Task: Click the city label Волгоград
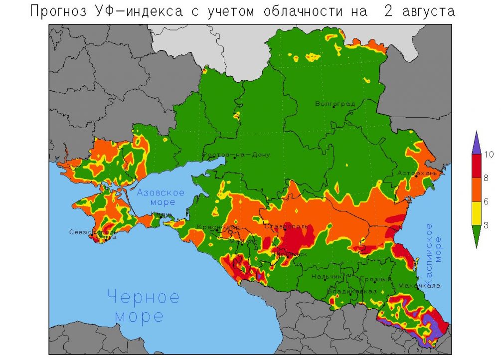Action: coord(335,104)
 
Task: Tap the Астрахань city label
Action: coord(417,173)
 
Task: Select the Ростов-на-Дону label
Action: coord(236,155)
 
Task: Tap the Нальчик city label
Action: coord(327,276)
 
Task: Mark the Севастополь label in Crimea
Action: coord(93,232)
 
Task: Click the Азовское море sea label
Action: coord(161,197)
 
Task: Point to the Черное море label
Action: coord(143,306)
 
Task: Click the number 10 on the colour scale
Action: coord(489,155)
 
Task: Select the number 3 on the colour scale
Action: coord(486,225)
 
